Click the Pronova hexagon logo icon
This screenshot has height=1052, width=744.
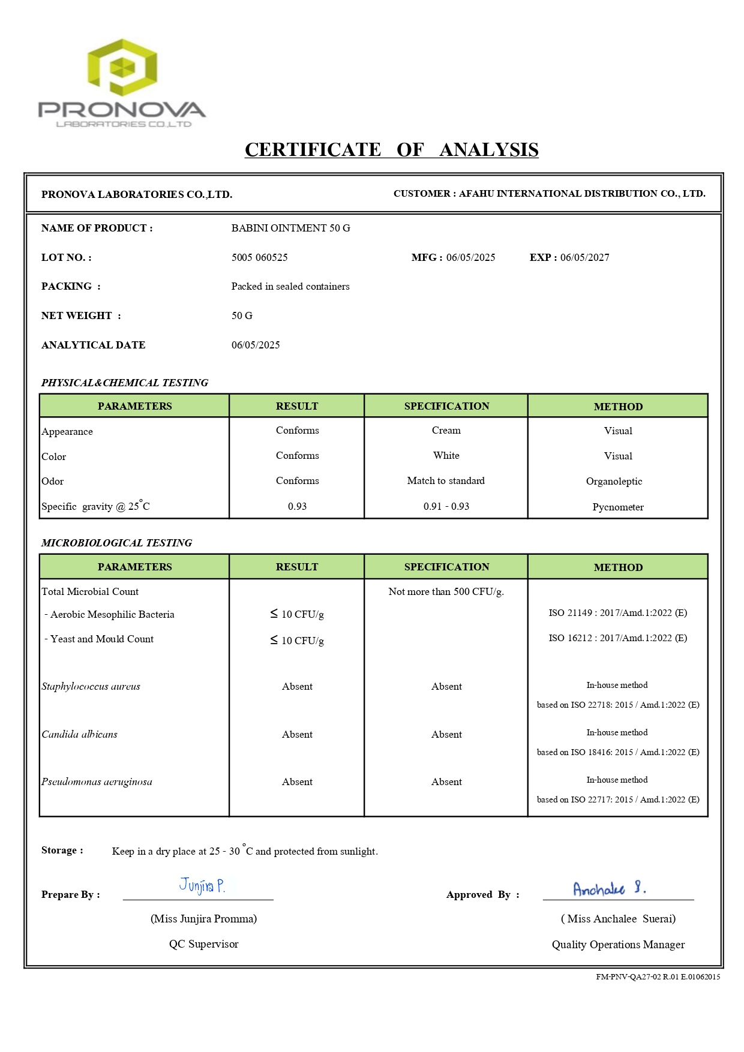[122, 67]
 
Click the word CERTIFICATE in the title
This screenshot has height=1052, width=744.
[313, 149]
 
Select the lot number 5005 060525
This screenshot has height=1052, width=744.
[259, 257]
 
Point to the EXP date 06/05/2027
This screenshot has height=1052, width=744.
[584, 257]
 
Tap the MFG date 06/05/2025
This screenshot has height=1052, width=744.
[470, 257]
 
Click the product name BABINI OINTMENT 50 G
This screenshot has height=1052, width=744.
[290, 228]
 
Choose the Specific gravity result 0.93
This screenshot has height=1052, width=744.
[297, 506]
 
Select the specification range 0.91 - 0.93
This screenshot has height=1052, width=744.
[446, 506]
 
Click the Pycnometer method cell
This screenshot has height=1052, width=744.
[618, 507]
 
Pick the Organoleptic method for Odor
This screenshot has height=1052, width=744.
[614, 481]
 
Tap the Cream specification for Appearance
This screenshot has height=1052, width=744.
[446, 431]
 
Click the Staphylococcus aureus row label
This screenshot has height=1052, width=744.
[91, 686]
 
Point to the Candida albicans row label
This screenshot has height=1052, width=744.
[79, 734]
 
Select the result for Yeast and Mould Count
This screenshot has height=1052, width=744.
[297, 641]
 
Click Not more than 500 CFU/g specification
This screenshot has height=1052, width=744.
[446, 591]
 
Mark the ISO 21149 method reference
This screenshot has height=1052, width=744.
[617, 613]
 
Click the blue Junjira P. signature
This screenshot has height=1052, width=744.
[202, 886]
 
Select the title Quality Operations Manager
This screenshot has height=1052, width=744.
[618, 945]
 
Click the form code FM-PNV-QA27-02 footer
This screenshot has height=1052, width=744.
[658, 976]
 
